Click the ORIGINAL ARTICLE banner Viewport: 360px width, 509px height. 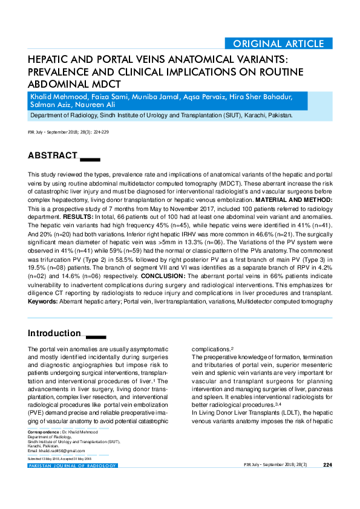(278, 44)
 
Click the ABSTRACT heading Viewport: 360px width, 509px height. (53, 156)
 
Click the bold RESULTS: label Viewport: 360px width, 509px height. (77, 215)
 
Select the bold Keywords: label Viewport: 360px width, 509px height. (43, 300)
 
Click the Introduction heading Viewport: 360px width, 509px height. (54, 333)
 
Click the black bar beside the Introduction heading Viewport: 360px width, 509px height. (96, 336)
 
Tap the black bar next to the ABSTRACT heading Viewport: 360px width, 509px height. (90, 159)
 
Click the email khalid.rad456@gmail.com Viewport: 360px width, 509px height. (60, 451)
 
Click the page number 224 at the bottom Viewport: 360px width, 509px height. (327, 465)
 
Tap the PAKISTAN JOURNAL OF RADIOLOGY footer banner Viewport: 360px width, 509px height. (72, 465)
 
